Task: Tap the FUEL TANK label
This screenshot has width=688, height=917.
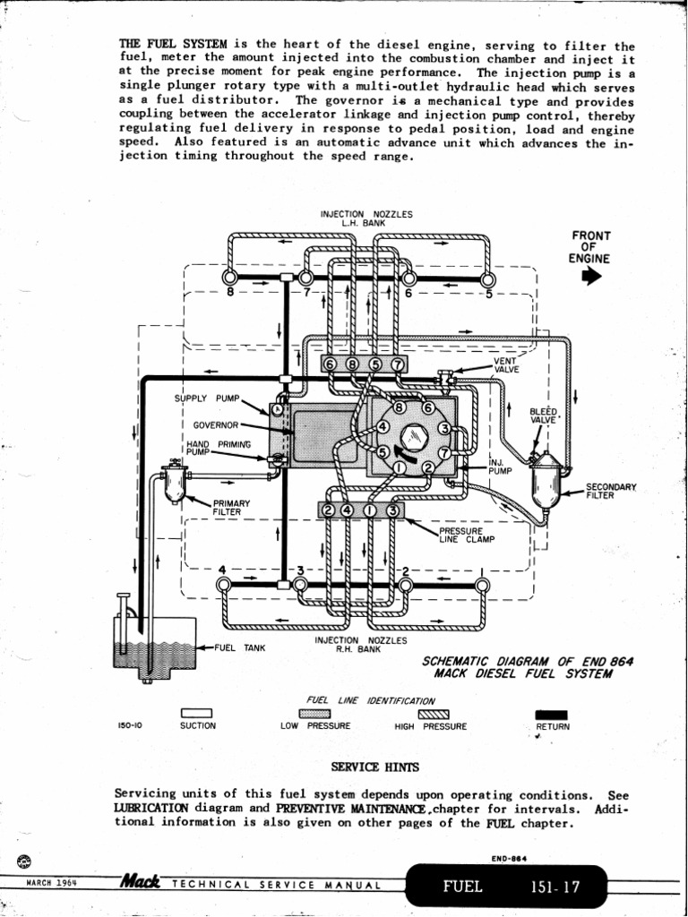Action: (237, 647)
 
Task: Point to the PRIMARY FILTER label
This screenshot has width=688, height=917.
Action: (230, 508)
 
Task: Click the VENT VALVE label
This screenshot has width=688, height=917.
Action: (506, 365)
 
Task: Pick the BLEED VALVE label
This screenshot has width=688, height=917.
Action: (543, 416)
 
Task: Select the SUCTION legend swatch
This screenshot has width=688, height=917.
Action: (196, 713)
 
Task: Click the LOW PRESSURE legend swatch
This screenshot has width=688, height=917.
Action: (314, 713)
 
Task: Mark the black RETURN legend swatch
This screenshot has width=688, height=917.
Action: (546, 713)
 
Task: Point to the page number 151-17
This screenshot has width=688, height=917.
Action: (555, 887)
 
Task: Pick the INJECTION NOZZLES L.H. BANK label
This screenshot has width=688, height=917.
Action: (366, 219)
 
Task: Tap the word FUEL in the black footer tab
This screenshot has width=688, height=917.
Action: (463, 887)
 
